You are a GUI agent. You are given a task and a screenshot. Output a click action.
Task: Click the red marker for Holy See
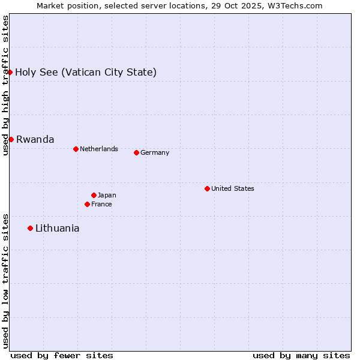pos(10,72)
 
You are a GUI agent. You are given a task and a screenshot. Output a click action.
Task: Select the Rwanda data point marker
pos(11,139)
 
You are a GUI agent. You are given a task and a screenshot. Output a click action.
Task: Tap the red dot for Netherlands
pos(76,149)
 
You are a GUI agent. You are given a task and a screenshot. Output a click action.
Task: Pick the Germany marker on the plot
pos(136,152)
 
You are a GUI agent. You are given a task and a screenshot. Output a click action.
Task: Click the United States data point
pos(207,188)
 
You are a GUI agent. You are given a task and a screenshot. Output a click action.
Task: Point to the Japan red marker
pos(94,195)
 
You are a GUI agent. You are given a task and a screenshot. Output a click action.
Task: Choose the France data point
pos(87,204)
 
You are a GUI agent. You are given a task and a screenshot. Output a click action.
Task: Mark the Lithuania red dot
pos(30,228)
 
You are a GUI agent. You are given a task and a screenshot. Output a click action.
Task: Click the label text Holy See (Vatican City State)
pos(86,73)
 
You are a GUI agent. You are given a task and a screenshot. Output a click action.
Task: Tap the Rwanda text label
pos(35,140)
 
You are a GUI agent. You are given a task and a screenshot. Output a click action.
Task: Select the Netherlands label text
pos(99,149)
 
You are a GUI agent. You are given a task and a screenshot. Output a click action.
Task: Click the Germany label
pos(155,152)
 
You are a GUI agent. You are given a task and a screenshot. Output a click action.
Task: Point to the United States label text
pos(233,188)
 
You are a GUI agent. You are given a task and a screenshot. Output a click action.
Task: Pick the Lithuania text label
pos(57,229)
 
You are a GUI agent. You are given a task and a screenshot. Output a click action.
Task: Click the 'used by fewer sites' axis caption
pos(62,355)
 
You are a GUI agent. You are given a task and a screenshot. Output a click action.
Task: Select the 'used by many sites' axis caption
pos(301,355)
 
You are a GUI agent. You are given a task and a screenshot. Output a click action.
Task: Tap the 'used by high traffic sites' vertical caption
pos(5,86)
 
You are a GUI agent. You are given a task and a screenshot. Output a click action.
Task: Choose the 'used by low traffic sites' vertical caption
pos(5,281)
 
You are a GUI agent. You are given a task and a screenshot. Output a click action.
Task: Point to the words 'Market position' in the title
pos(64,5)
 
